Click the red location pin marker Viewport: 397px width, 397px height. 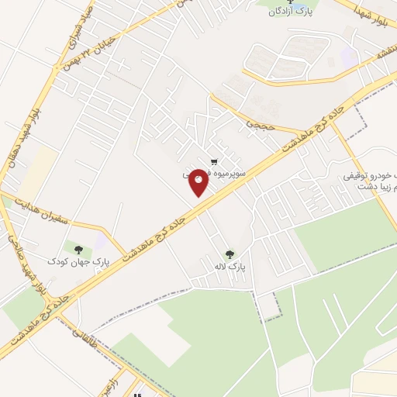pos(198,182)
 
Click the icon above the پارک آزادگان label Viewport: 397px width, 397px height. pos(292,2)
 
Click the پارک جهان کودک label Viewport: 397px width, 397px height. pos(78,261)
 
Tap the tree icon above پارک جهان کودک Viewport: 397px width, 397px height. pos(78,248)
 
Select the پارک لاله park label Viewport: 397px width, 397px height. pos(231,266)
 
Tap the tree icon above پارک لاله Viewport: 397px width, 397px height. pos(230,254)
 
